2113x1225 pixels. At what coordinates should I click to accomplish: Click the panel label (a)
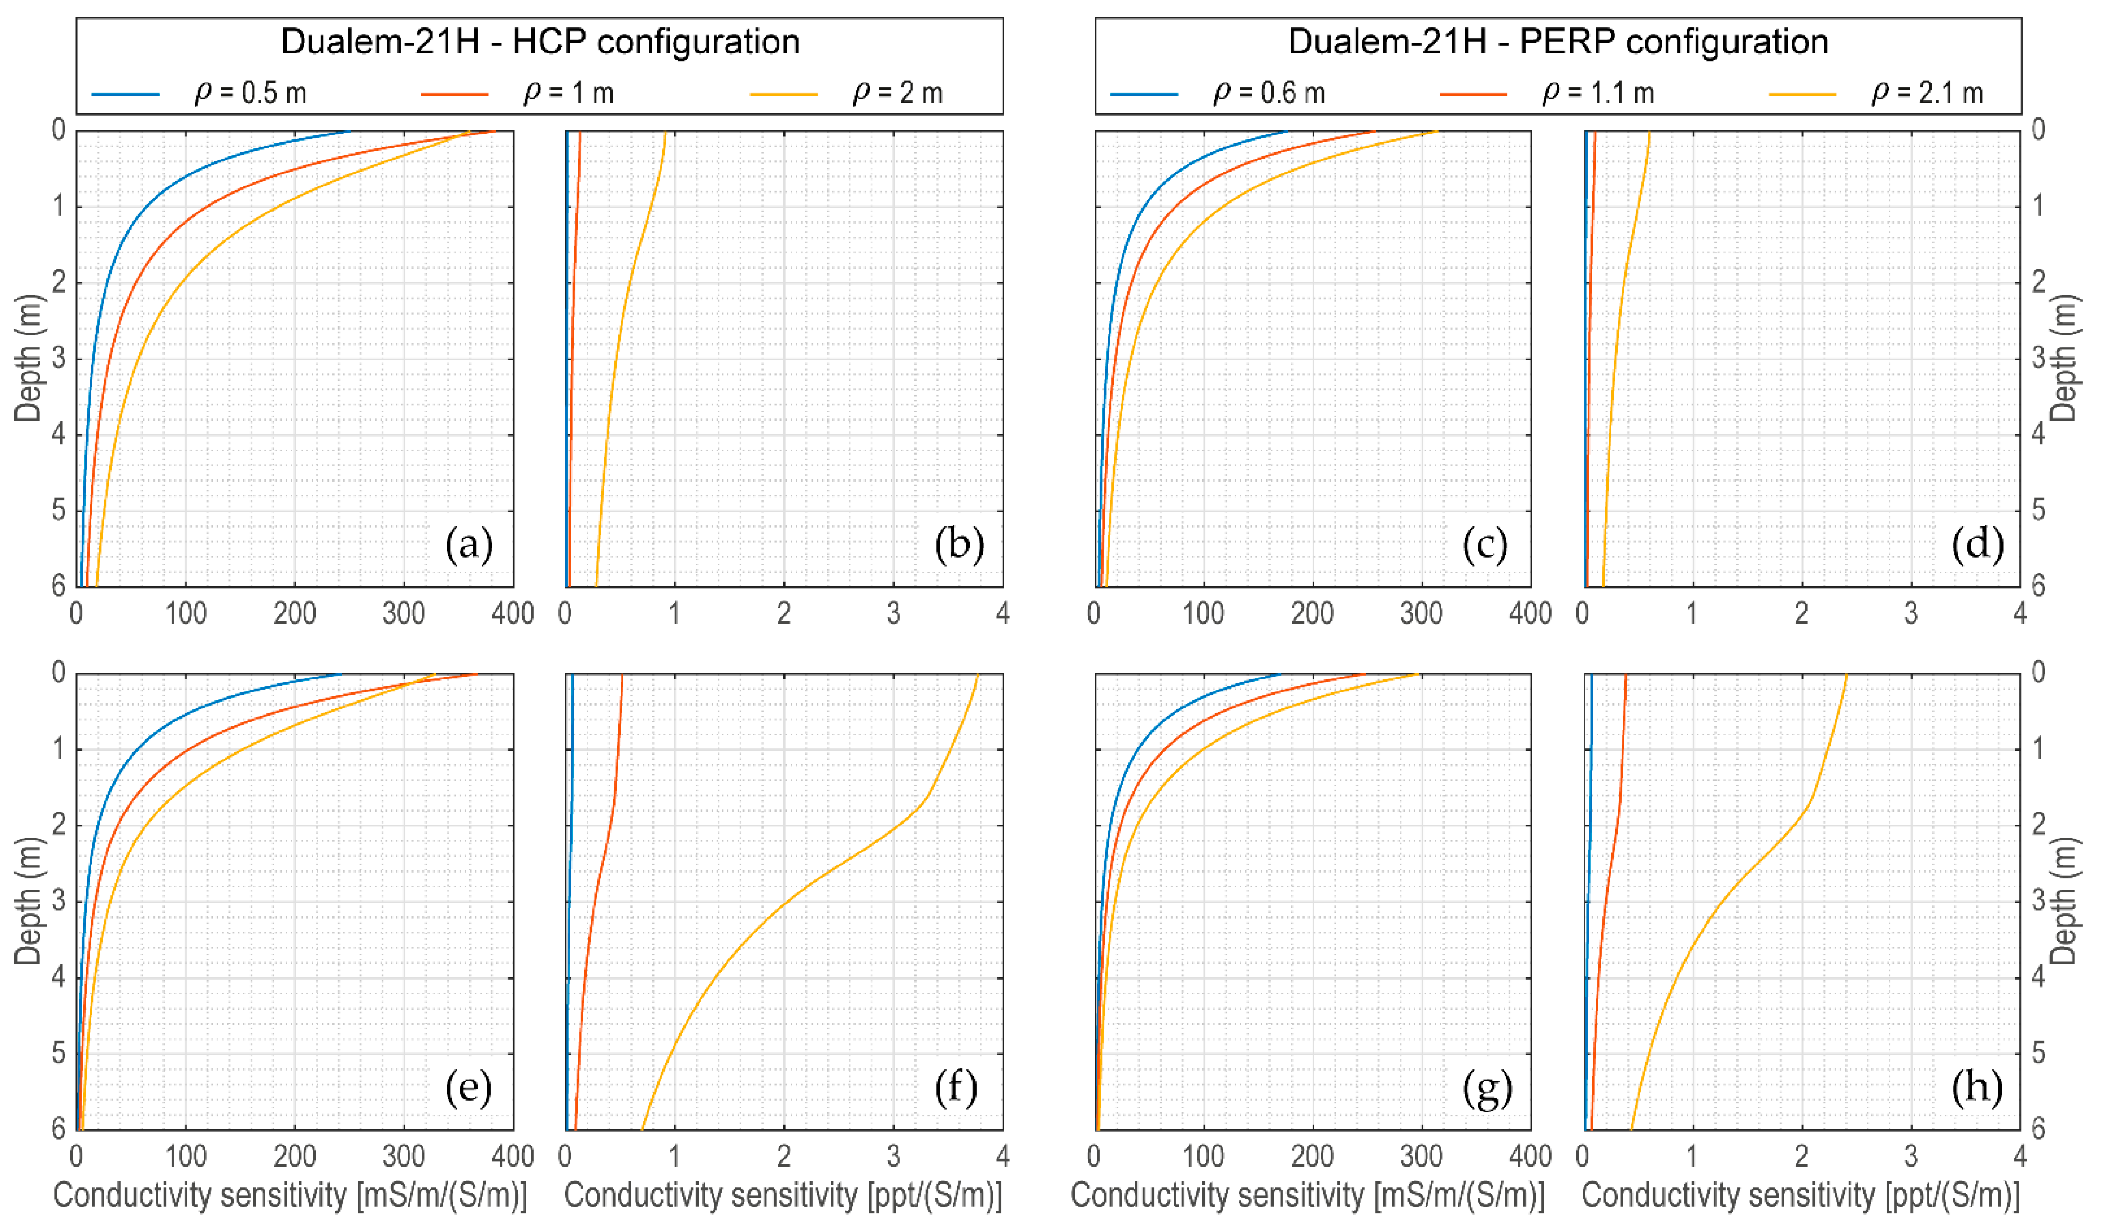click(469, 546)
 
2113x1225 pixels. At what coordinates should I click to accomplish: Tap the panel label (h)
click(1976, 1088)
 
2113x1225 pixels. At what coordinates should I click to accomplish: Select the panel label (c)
click(1484, 546)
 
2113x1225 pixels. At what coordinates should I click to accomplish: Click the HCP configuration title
click(540, 42)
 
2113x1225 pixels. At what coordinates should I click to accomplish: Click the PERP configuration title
click(1557, 42)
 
